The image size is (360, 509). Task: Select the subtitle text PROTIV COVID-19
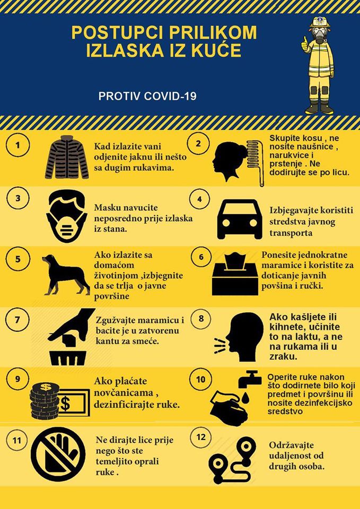click(147, 96)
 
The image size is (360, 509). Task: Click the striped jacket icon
click(67, 157)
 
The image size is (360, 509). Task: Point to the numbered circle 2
click(198, 144)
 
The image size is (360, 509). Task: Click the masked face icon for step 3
click(67, 217)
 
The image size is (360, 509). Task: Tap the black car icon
click(240, 219)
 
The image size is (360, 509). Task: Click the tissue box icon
click(235, 275)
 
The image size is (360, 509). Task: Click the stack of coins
click(45, 401)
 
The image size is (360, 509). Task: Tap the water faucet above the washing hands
click(250, 379)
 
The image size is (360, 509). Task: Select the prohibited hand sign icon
click(58, 454)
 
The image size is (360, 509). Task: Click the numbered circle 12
click(201, 437)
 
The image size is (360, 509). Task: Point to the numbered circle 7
click(17, 320)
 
